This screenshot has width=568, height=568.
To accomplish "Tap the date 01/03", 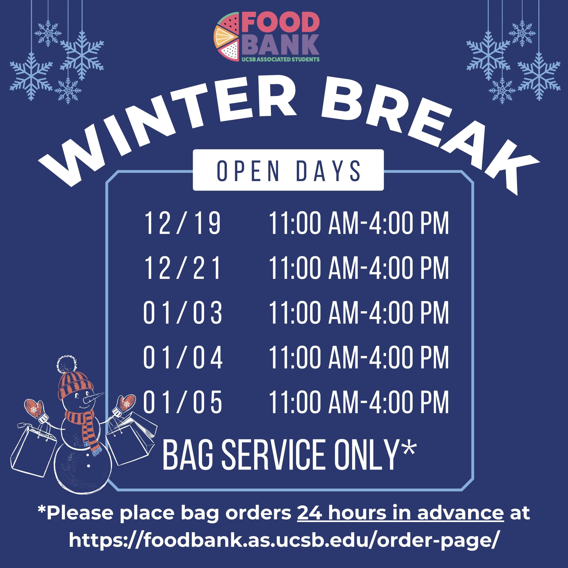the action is [x=182, y=313].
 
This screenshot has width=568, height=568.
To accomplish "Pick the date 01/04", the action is [x=182, y=357].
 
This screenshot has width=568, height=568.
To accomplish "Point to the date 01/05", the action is [x=182, y=402].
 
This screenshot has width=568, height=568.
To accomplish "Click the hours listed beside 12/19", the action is [x=359, y=223].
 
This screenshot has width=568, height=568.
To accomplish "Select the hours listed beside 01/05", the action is [x=359, y=402].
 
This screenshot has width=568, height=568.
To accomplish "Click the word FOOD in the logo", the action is [x=281, y=23].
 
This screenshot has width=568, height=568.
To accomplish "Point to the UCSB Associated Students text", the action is [x=280, y=59].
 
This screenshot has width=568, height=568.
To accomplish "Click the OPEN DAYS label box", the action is [x=288, y=170].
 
